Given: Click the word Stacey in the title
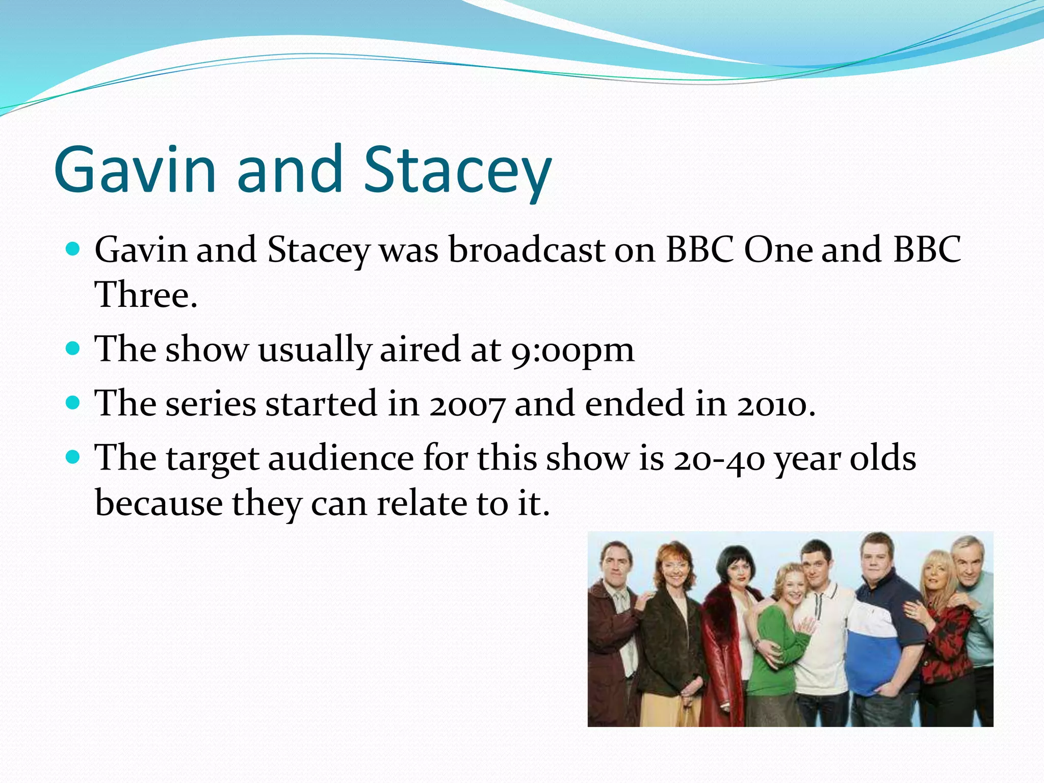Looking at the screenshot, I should (457, 171).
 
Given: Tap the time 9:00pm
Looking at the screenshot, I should (572, 351).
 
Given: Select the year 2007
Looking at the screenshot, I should (467, 405).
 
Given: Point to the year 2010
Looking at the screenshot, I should (775, 405).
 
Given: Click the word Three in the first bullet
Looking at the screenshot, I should (145, 295).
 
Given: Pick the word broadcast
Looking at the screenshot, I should (526, 250).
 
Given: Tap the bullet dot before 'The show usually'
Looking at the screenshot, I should (73, 349).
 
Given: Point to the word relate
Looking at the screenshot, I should (422, 504).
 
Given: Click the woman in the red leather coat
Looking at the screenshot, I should (726, 637).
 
